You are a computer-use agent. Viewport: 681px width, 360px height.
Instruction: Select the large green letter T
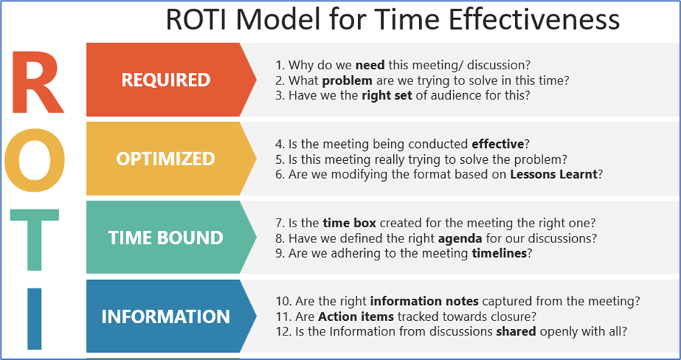(35, 240)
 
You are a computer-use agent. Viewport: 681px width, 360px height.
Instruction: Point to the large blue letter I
(35, 319)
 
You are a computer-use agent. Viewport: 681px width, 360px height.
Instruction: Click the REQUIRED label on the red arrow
(166, 80)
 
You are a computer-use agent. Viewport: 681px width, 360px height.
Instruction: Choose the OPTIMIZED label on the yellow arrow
(165, 159)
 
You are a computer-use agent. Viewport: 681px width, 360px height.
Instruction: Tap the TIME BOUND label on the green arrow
(165, 238)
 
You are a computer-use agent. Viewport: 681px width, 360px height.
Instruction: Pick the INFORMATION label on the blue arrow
(165, 317)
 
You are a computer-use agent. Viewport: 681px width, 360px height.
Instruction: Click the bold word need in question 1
(370, 66)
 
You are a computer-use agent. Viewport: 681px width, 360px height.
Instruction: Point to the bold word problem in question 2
(348, 81)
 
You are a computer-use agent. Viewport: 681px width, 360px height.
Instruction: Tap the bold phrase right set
(387, 95)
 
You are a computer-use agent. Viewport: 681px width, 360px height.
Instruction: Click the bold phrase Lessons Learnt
(554, 175)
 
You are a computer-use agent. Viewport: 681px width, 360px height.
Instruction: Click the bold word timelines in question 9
(499, 253)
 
